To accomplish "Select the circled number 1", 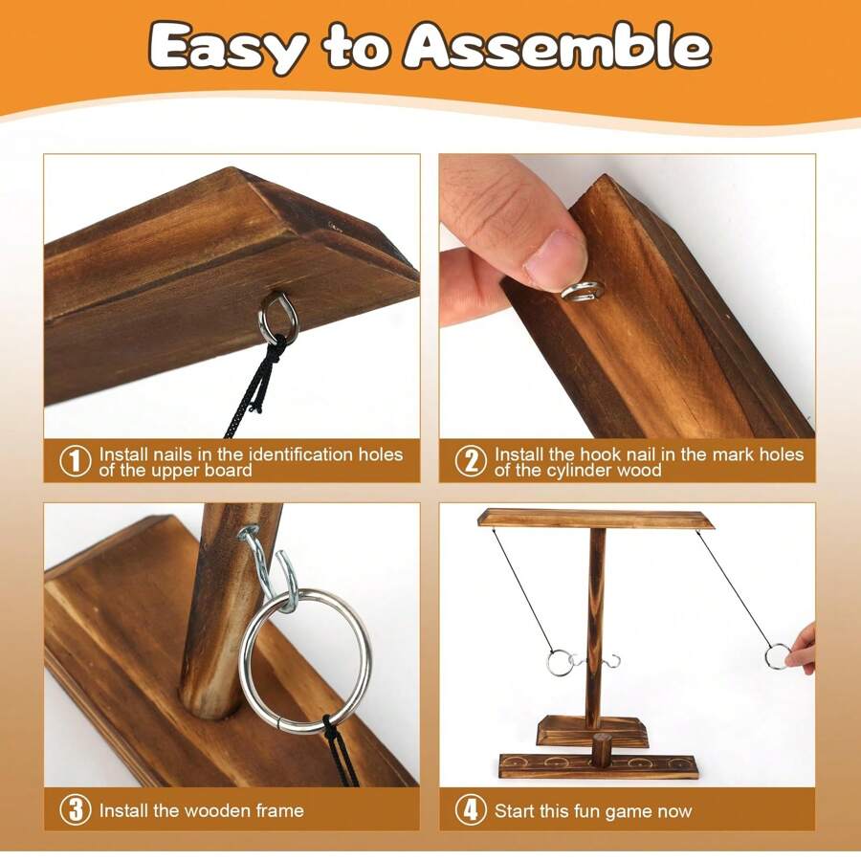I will (x=76, y=461).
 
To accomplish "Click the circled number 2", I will (x=470, y=461).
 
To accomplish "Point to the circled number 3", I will (x=76, y=810).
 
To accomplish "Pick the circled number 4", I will (x=470, y=810).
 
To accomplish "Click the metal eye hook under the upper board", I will (x=278, y=318).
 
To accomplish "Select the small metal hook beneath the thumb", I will (x=581, y=291).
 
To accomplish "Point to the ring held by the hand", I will (x=778, y=656).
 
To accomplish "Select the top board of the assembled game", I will (x=596, y=519).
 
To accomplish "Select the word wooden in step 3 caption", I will (x=193, y=810).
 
